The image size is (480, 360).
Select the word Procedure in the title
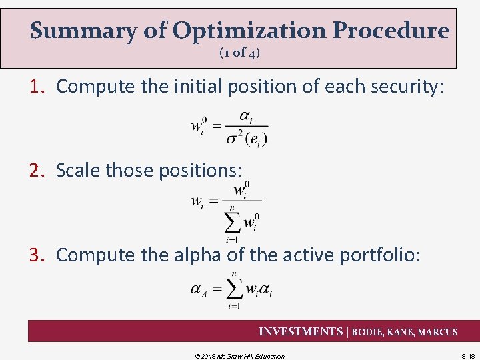(391, 31)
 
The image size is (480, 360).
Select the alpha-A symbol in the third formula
(199, 289)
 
